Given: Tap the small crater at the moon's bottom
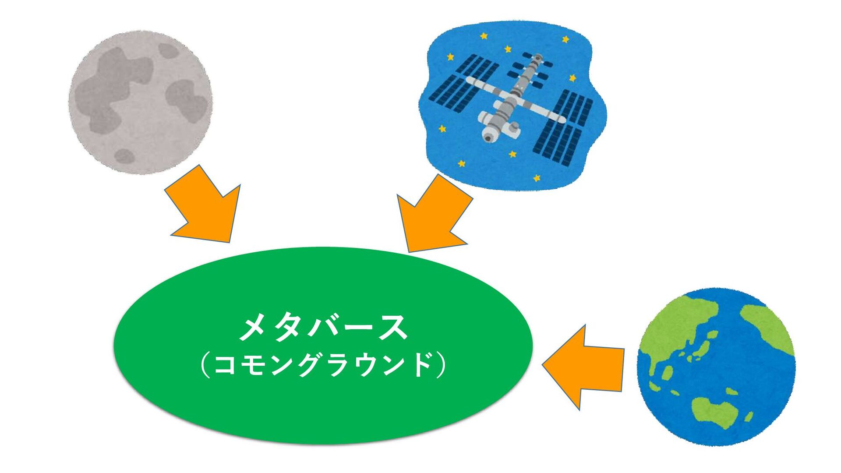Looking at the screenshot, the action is click(124, 156).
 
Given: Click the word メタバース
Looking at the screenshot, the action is click(323, 328).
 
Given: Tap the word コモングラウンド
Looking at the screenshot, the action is click(323, 364).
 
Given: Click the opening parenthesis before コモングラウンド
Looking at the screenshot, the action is click(204, 365).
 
